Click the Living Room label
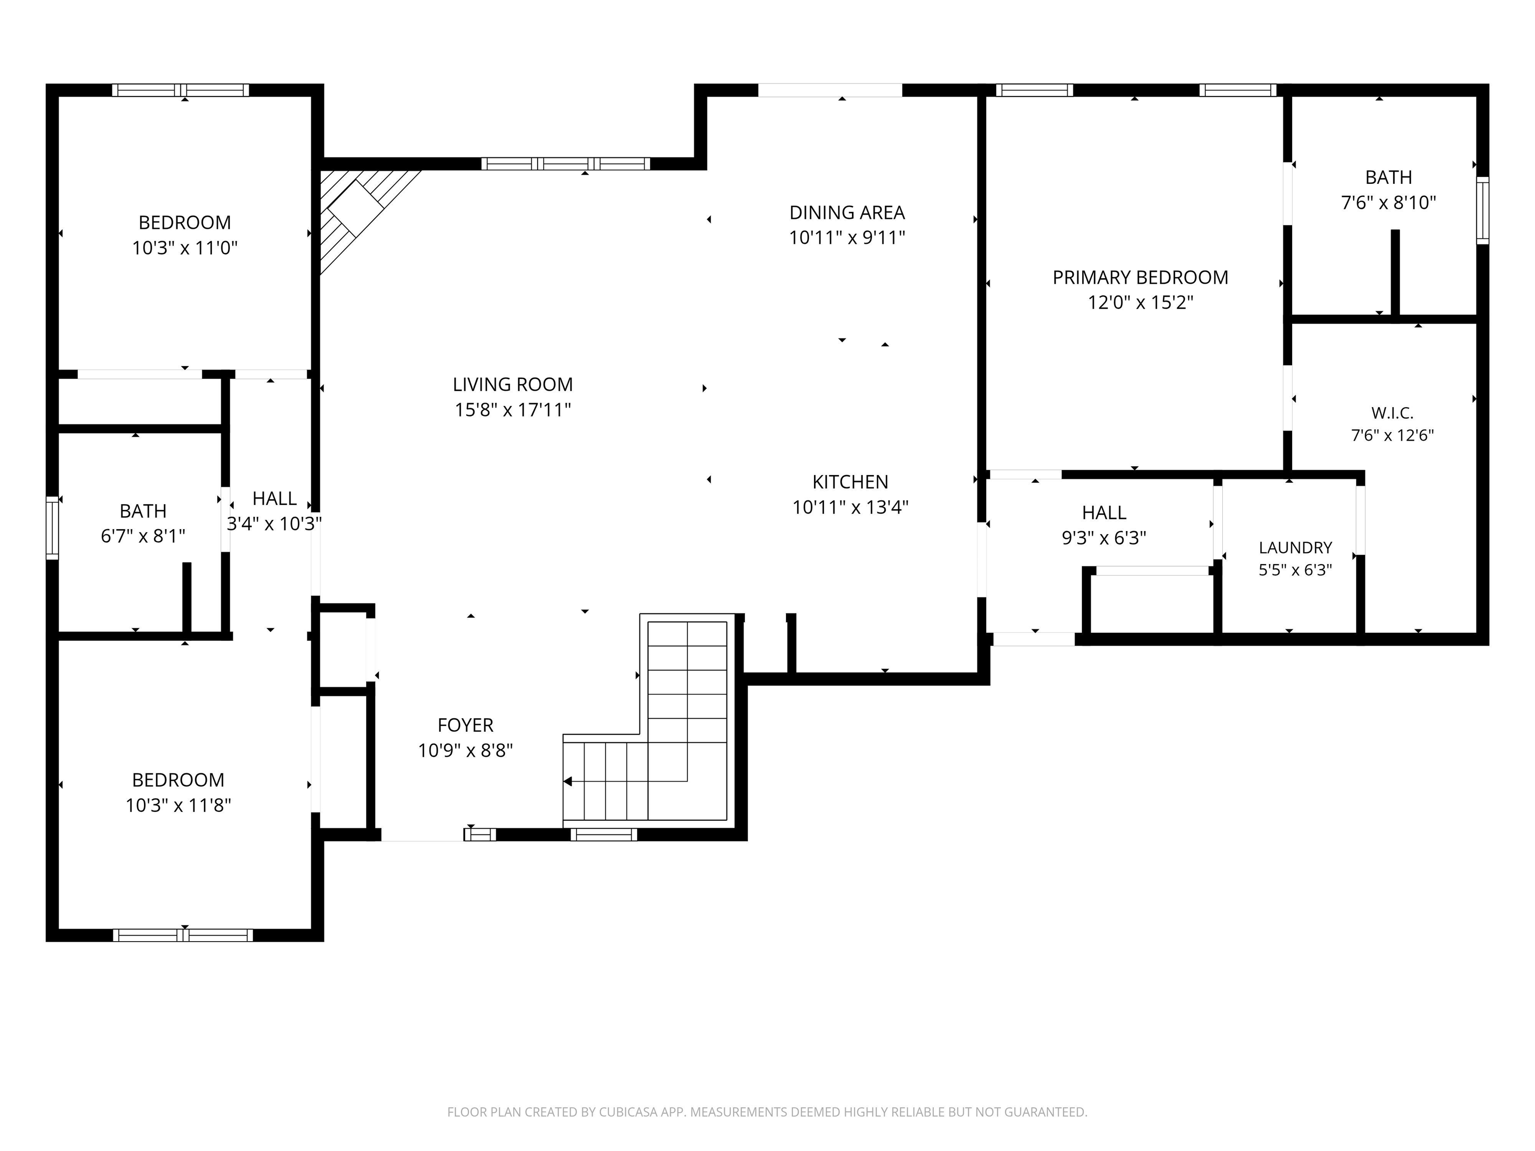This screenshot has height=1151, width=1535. point(513,384)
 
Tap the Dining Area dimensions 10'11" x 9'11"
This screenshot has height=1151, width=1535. point(847,238)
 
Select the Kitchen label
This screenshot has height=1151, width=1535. point(850,482)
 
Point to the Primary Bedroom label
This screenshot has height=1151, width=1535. point(1140,278)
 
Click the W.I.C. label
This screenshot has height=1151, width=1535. point(1392,413)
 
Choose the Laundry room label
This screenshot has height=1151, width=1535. point(1295,548)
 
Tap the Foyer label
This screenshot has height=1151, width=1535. point(466,725)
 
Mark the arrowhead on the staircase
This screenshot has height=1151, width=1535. point(568,781)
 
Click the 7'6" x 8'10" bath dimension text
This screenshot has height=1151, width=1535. point(1389,203)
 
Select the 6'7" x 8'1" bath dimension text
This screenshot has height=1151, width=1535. point(143,537)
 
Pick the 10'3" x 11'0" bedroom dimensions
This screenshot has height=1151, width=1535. point(184,248)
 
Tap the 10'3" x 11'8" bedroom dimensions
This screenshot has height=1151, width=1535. point(178,805)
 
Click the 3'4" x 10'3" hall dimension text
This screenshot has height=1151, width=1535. point(274,524)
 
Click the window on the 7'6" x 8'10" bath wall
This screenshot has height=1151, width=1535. point(1482,210)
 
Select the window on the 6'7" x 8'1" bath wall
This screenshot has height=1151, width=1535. point(52,527)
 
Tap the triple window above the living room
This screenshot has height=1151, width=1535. point(566,164)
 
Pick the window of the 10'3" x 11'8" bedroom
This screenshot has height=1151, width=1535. point(183,935)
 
